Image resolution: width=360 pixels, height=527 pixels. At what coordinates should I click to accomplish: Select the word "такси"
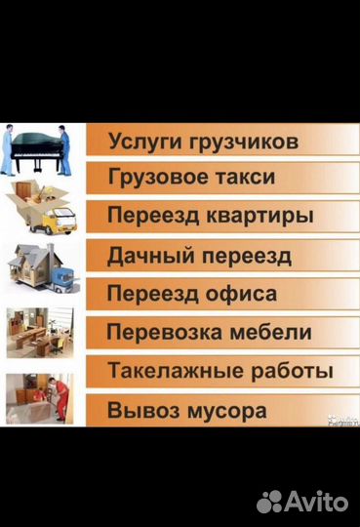coord(244,179)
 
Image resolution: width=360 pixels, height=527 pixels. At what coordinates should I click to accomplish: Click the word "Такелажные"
coord(173,371)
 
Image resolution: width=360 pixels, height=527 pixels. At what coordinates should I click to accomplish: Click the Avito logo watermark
coord(302,501)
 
